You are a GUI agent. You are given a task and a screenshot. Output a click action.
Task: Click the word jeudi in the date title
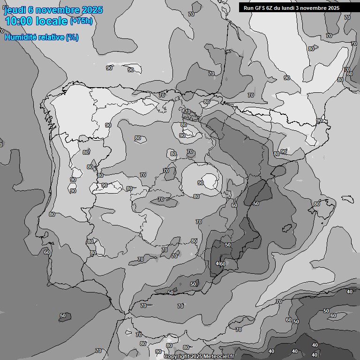pyautogui.click(x=14, y=10)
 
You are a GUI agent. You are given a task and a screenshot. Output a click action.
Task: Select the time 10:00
pyautogui.click(x=20, y=22)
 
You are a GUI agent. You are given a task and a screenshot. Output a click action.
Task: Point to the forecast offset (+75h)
pyautogui.click(x=81, y=21)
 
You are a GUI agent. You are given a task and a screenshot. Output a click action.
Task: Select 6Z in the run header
pyautogui.click(x=270, y=8)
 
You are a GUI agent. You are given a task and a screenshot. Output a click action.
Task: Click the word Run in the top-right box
pyautogui.click(x=248, y=8)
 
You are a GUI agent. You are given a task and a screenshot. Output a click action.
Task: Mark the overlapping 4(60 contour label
pyautogui.click(x=220, y=264)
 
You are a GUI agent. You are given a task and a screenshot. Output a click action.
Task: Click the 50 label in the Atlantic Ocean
pyautogui.click(x=63, y=316)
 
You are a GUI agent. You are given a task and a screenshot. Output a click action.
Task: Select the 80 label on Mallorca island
pyautogui.click(x=317, y=204)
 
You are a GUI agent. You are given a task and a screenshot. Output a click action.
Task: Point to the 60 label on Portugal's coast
pyautogui.click(x=47, y=252)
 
